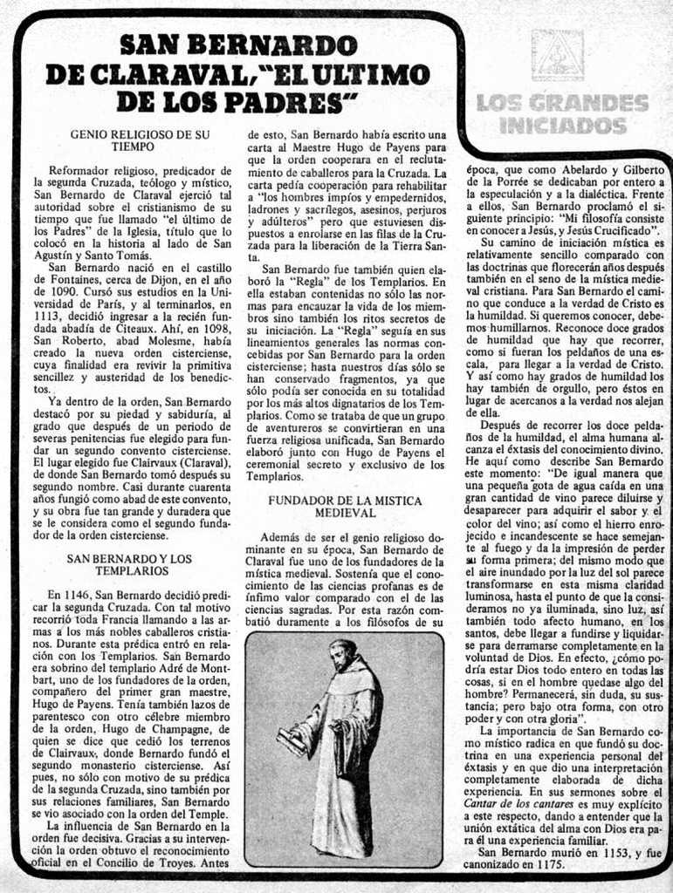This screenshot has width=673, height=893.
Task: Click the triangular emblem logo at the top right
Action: coord(557,55)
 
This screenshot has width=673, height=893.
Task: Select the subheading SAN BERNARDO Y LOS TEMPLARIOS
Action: coord(130,564)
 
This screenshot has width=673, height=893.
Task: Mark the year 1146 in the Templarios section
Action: coord(76,595)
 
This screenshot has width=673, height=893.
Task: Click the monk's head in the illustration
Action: coord(343,655)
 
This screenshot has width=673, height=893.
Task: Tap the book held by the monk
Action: coord(292,742)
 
